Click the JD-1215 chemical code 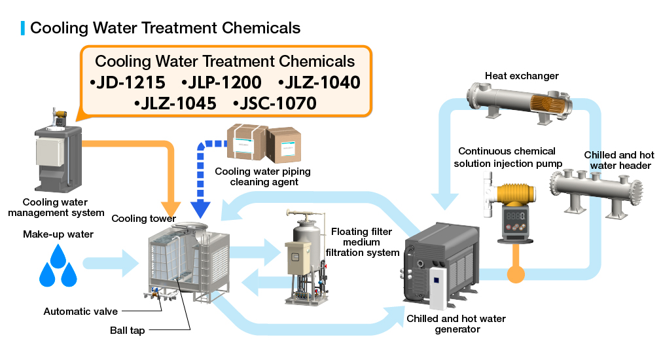pyautogui.click(x=130, y=82)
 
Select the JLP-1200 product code pyautogui.click(x=224, y=82)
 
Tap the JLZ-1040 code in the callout pyautogui.click(x=323, y=82)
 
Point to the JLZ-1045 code pyautogui.click(x=178, y=103)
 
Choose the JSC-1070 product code pyautogui.click(x=277, y=103)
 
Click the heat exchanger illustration pyautogui.click(x=520, y=103)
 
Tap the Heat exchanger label pyautogui.click(x=522, y=76)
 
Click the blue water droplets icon pyautogui.click(x=58, y=266)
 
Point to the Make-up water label pyautogui.click(x=58, y=234)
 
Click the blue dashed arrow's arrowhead pyautogui.click(x=200, y=209)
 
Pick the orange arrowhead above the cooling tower pyautogui.click(x=171, y=209)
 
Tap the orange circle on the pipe pyautogui.click(x=516, y=274)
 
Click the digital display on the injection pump pyautogui.click(x=515, y=216)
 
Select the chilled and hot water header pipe pyautogui.click(x=596, y=192)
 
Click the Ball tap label pyautogui.click(x=128, y=331)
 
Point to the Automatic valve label pyautogui.click(x=80, y=312)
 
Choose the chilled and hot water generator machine pyautogui.click(x=441, y=266)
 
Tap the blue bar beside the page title pyautogui.click(x=23, y=28)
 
